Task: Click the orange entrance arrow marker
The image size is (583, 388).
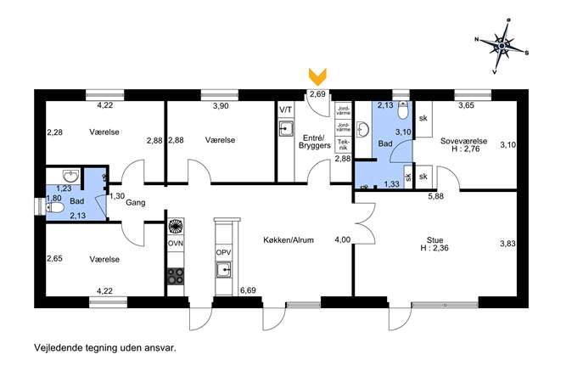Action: coord(318,76)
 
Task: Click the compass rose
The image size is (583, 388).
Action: coord(502,46)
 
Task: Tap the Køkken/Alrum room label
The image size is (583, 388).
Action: coord(289,240)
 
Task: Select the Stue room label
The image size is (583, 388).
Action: coord(434,240)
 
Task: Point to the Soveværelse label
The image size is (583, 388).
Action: coord(463,141)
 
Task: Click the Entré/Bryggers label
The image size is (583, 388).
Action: coord(315,141)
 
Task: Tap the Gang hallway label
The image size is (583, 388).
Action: coord(135,203)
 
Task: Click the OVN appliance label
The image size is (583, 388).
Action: coord(176,244)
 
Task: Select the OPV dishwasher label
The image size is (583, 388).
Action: coord(223,252)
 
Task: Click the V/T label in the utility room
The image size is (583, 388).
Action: coord(285,110)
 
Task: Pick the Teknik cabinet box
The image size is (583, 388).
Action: coord(343,144)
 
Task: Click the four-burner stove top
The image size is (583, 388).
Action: coord(176,276)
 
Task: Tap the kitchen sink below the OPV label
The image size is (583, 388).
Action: coord(224,269)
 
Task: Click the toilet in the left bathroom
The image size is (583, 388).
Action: coord(54,207)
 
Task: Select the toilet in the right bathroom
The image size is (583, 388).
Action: coord(402,110)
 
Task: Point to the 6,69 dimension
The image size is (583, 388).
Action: coord(248,290)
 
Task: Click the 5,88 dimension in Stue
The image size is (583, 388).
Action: coord(435,196)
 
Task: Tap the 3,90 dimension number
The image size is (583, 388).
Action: coord(221,106)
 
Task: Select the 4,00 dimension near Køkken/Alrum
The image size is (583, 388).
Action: coord(343,240)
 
